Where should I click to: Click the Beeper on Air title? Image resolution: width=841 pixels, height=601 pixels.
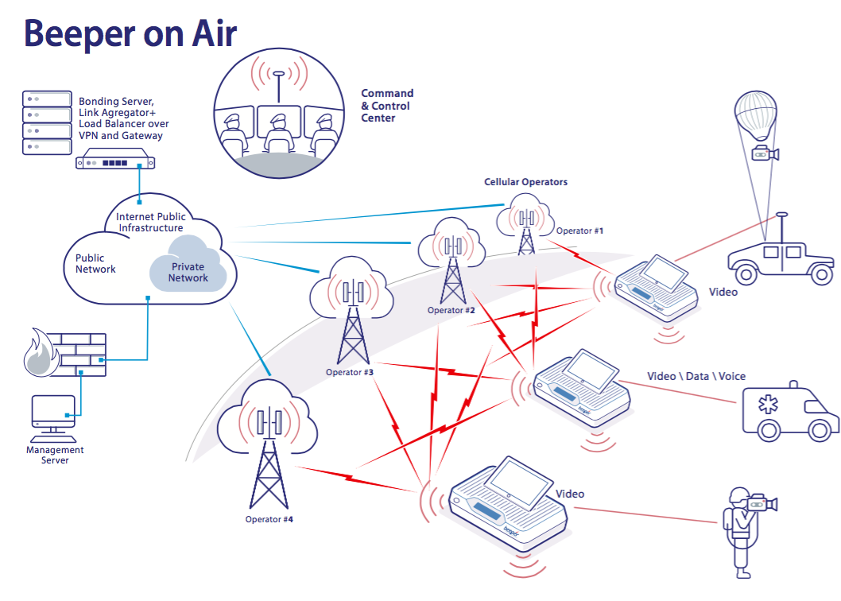point(130,35)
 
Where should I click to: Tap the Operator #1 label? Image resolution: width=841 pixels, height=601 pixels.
point(579,231)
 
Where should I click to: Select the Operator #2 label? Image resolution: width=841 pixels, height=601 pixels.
point(451,310)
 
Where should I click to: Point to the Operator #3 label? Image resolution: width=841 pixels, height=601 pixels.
point(350,371)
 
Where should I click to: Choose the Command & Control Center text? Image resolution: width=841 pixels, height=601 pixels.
point(386,106)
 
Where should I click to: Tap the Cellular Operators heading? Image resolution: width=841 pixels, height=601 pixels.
point(525,182)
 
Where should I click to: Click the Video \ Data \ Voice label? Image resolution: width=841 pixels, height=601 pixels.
point(696,376)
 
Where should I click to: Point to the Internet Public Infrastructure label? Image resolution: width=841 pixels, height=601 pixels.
point(150,222)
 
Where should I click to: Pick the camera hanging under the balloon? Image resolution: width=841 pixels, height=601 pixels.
point(764,153)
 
